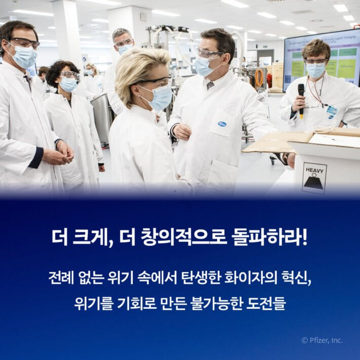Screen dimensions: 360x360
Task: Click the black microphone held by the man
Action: click(x=301, y=96)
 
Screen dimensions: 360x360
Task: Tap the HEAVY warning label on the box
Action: click(x=314, y=178)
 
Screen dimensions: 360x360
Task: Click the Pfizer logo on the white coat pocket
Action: click(x=222, y=124)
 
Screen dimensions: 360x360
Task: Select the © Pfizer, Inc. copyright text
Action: click(x=322, y=340)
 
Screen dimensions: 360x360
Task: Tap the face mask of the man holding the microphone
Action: click(x=316, y=70)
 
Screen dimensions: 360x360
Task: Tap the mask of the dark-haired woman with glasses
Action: click(x=69, y=84)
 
